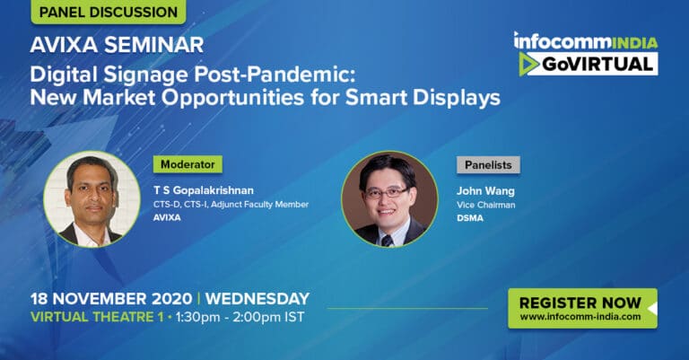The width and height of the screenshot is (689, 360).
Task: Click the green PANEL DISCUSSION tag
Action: coord(108,12)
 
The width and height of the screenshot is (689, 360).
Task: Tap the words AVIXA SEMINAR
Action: coord(117,45)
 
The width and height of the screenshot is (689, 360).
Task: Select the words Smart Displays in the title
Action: coord(423,98)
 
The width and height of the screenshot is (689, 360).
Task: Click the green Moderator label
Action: coord(188,164)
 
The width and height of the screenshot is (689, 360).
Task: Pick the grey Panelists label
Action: coord(488,165)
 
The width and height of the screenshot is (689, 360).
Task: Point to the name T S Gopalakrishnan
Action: coord(204,190)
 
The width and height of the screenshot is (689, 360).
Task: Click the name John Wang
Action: coord(485,190)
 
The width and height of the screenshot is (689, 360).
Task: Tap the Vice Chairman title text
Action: coord(485,205)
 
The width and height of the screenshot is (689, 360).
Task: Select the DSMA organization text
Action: coord(470,218)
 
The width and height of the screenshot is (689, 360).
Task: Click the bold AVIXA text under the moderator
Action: coord(167,217)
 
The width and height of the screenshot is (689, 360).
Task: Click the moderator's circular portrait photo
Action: coord(92,199)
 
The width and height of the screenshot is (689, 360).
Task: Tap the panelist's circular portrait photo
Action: coord(389,199)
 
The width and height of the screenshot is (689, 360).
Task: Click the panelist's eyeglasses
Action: coord(387,192)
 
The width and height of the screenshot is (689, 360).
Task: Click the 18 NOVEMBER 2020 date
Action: coord(111,299)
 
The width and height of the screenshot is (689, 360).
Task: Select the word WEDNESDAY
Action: coord(257,299)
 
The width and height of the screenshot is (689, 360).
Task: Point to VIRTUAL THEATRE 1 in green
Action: coord(97,317)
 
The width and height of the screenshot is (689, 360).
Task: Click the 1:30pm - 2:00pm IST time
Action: coord(240,317)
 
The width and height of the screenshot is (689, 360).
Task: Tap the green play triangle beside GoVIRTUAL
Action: coord(528,64)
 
